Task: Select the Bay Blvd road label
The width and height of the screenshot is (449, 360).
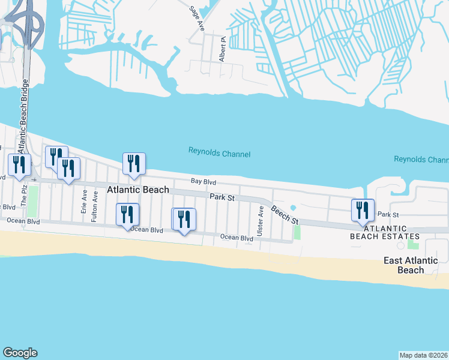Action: (203, 181)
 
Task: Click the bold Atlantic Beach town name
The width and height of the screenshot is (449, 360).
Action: (138, 190)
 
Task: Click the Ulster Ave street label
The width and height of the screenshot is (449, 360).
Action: (261, 220)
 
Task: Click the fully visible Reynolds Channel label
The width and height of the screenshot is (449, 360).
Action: (219, 154)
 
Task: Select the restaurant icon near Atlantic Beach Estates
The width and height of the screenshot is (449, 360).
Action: (363, 210)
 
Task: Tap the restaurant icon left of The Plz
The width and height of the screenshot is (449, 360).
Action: (19, 164)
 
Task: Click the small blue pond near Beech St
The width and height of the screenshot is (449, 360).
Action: (292, 208)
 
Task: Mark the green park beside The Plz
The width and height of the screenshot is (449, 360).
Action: (32, 195)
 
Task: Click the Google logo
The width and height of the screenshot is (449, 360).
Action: (20, 353)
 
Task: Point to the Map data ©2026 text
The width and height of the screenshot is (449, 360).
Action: (423, 355)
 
